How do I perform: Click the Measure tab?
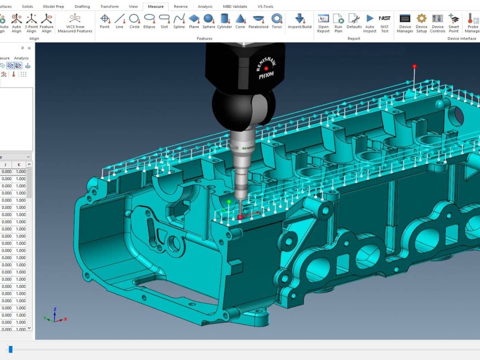(156, 6)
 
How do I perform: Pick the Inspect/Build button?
(300, 20)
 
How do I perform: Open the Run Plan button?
(338, 21)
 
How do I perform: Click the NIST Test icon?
(384, 21)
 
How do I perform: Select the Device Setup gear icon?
(422, 21)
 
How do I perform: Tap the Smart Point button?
(454, 21)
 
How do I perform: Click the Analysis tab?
(205, 6)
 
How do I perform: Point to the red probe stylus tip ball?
(240, 217)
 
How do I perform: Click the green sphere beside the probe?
(229, 202)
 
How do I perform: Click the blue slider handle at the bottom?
(11, 349)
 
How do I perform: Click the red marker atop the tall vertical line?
(414, 66)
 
